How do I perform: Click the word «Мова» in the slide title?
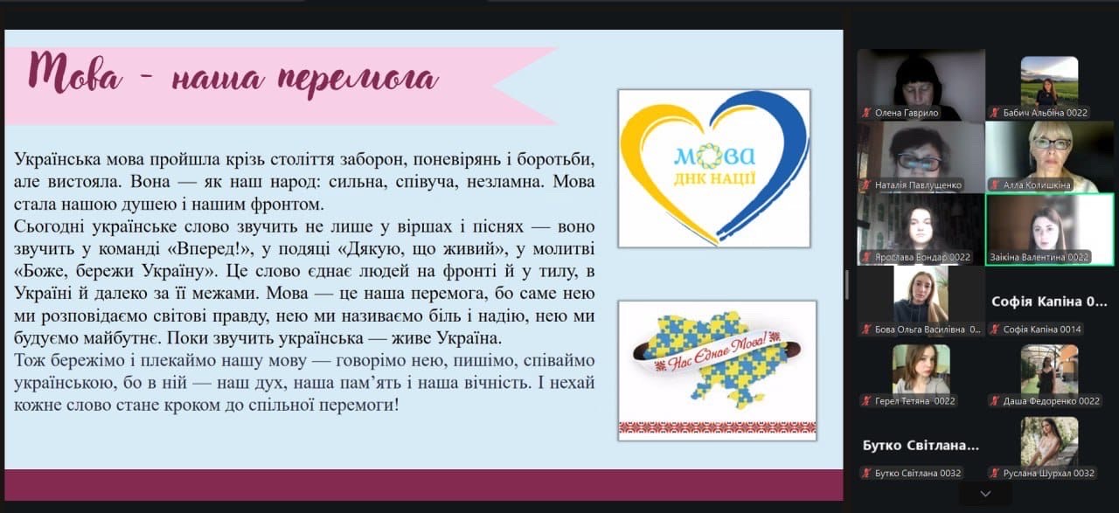click(75, 73)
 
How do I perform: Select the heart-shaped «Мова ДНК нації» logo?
click(714, 168)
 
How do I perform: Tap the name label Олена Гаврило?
click(907, 113)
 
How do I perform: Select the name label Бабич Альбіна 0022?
click(1045, 113)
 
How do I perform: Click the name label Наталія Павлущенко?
click(918, 184)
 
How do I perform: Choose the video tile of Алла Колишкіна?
click(1049, 156)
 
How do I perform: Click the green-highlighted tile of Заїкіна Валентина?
click(1049, 229)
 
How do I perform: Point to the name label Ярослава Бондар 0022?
click(922, 257)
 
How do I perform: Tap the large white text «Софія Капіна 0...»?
click(1049, 302)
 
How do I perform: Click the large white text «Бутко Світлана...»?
click(921, 445)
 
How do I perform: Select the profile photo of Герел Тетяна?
click(921, 369)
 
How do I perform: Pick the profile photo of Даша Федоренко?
click(1049, 369)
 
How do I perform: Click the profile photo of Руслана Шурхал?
click(1049, 441)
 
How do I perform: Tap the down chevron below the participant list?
click(985, 494)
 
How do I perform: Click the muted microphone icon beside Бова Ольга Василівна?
click(866, 329)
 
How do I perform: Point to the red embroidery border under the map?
click(718, 427)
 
